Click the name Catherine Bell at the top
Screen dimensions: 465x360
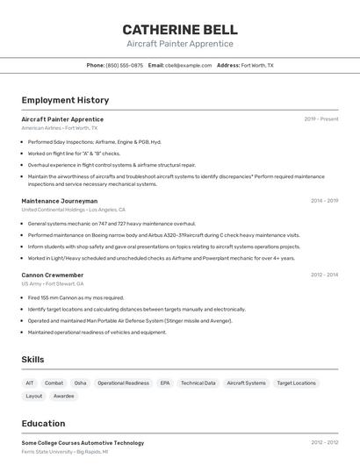click(180, 29)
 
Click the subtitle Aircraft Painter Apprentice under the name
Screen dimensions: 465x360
click(180, 43)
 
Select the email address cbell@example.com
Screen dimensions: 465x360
click(189, 65)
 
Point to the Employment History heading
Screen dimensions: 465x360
click(65, 100)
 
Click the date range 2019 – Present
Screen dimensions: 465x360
click(321, 119)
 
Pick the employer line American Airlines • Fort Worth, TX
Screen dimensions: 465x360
click(60, 128)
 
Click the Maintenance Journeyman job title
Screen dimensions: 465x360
click(60, 201)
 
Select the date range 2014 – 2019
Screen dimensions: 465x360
click(324, 201)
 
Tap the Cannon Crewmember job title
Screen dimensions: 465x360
click(53, 275)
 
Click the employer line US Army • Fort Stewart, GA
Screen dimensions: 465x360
click(53, 283)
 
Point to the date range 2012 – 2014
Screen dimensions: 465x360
click(324, 275)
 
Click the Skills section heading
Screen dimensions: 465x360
click(32, 360)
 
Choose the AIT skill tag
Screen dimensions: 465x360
click(30, 383)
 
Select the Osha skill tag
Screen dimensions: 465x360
click(80, 383)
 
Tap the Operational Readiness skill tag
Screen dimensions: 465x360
click(123, 383)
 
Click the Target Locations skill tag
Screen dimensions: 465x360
click(296, 383)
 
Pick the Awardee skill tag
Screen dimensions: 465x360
click(64, 396)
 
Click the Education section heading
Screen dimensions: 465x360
click(43, 423)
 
